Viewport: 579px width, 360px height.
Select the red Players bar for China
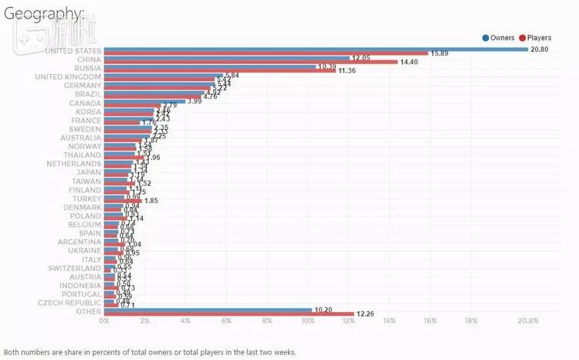coord(250,62)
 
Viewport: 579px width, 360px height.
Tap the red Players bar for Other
coord(229,314)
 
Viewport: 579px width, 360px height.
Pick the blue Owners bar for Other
coord(208,310)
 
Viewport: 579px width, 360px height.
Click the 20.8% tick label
coord(528,321)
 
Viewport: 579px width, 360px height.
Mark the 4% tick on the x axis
coord(185,321)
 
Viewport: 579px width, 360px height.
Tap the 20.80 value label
coord(540,49)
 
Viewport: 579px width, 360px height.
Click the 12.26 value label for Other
coord(366,314)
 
